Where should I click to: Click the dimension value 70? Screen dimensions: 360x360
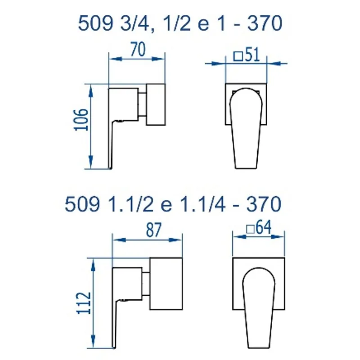point(138,49)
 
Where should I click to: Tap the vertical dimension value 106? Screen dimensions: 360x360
point(81,120)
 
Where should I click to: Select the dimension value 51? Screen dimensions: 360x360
point(252,55)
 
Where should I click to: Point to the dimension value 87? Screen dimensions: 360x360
point(154,230)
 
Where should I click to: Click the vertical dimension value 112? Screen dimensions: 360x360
point(84,303)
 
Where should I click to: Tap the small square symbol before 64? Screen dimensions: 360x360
point(250,229)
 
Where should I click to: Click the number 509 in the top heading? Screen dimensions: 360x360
point(95,23)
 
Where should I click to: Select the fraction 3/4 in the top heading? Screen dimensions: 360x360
point(135,23)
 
